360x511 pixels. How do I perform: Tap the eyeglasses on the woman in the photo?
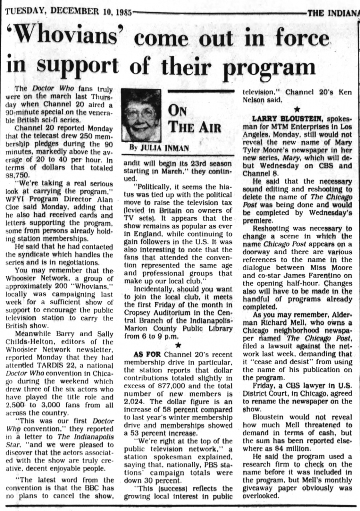coord(140,113)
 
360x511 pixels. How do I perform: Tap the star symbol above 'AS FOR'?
coord(178,345)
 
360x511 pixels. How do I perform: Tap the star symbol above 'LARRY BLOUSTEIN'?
coord(297,108)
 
